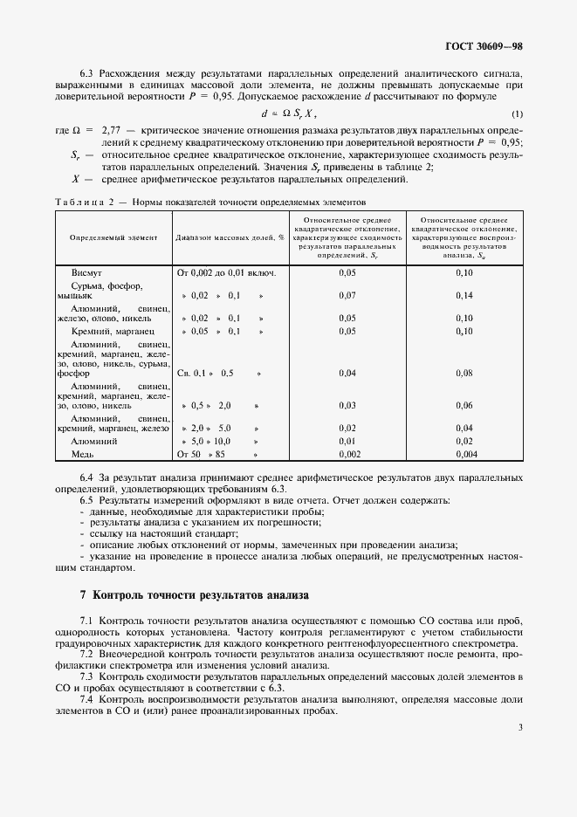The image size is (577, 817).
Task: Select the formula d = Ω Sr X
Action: click(x=289, y=113)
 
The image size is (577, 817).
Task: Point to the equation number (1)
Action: click(x=517, y=114)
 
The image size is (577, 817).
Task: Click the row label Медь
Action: click(x=84, y=455)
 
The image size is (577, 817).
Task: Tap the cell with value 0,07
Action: click(x=347, y=296)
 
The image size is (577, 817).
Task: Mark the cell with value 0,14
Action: click(x=464, y=296)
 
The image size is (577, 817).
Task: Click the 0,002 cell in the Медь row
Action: click(x=347, y=455)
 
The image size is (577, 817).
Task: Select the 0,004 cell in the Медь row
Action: click(x=464, y=455)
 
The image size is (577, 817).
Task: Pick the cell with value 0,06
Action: click(x=464, y=406)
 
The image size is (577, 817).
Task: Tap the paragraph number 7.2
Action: click(x=86, y=653)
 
